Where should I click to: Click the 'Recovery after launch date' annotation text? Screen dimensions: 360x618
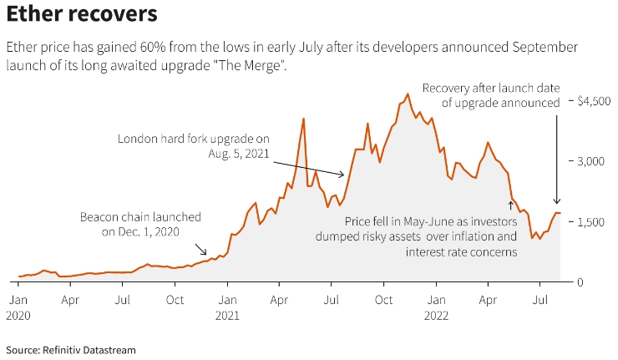click(x=491, y=94)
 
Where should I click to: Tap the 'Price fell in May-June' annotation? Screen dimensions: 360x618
click(x=423, y=236)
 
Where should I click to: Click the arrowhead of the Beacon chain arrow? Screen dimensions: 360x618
click(x=205, y=253)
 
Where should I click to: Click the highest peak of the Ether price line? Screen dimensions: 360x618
click(x=407, y=94)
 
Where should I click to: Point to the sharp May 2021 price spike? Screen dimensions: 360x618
click(x=303, y=119)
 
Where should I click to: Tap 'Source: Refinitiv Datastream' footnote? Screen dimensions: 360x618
click(x=71, y=349)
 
